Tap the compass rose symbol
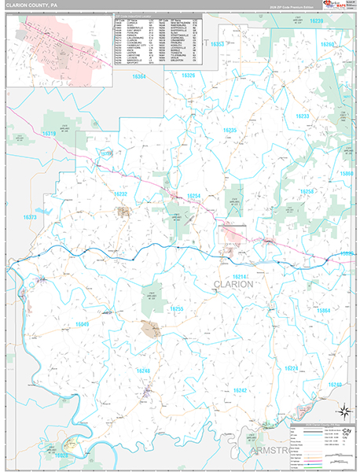click(x=343, y=410)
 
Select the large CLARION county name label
click(x=234, y=285)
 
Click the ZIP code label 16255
click(x=177, y=309)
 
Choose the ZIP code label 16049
click(x=82, y=325)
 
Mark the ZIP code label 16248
click(x=142, y=371)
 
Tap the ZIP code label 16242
click(x=240, y=390)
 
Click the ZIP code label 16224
click(x=291, y=368)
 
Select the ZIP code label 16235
click(x=229, y=130)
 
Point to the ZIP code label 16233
click(x=303, y=116)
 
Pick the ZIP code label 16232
click(x=120, y=193)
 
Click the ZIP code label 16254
click(x=193, y=195)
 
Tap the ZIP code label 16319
click(x=49, y=134)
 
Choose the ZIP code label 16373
click(x=31, y=217)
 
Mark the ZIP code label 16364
click(x=138, y=76)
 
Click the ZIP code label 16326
click(x=188, y=75)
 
